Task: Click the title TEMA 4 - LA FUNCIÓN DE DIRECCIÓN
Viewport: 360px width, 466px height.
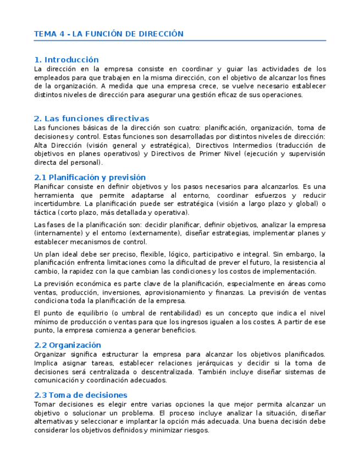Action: coord(108,34)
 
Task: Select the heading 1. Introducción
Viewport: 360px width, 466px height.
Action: coord(66,59)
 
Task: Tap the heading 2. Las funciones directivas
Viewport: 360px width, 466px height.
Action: coord(91,118)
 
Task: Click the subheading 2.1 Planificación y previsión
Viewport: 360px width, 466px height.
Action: coord(90,177)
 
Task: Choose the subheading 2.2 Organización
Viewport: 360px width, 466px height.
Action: coord(67,345)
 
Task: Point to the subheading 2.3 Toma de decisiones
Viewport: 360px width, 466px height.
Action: coord(80,395)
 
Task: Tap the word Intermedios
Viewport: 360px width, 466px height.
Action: coord(250,145)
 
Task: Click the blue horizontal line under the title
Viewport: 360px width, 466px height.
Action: coord(180,41)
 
